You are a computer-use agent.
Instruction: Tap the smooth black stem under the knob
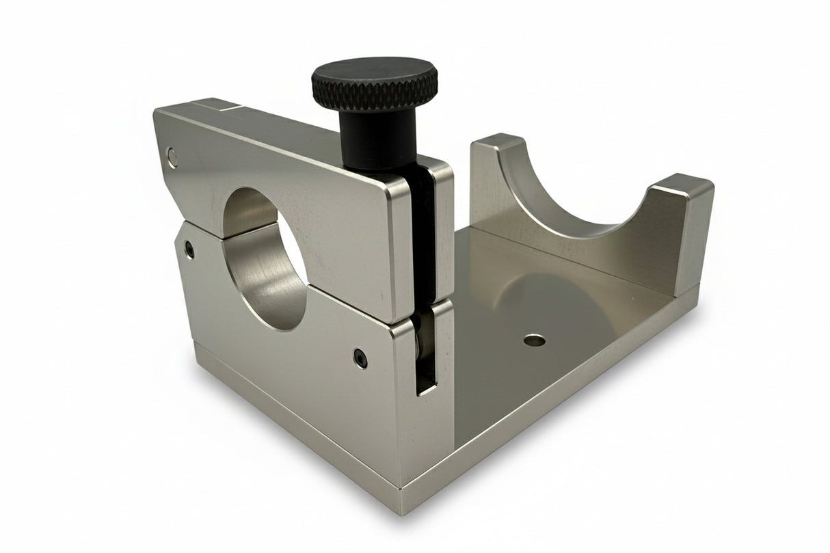[375, 140]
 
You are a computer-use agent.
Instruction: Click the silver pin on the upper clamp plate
[172, 158]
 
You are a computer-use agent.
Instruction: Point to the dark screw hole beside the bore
[189, 250]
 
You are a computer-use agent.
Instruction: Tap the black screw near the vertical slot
[360, 358]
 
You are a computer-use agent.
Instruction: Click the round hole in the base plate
[534, 340]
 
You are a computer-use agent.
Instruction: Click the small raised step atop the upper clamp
[217, 105]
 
